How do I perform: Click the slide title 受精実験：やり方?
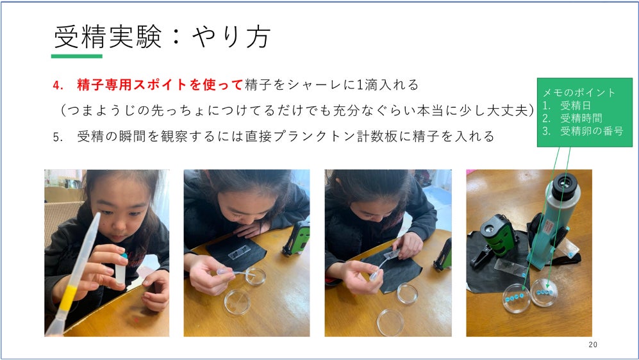(x=162, y=37)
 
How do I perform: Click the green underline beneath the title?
(x=77, y=56)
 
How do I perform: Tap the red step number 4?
(x=58, y=85)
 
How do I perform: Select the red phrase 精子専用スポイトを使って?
(x=160, y=85)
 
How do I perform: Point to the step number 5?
(x=58, y=137)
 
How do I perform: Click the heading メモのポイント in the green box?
(x=579, y=92)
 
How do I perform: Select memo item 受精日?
(x=576, y=106)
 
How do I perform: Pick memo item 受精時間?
(x=581, y=118)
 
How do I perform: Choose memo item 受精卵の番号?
(x=592, y=131)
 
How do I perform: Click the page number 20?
(x=593, y=345)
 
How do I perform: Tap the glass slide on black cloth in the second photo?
(x=239, y=253)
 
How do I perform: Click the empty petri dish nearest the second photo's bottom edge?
(x=237, y=302)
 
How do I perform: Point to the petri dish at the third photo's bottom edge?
(x=390, y=322)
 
